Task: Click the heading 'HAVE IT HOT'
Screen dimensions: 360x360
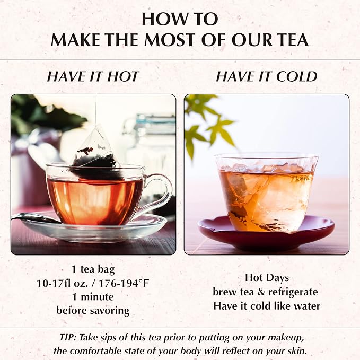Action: (93, 76)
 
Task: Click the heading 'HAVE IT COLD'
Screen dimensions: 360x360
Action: (267, 76)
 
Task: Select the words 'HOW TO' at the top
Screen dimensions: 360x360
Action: (180, 19)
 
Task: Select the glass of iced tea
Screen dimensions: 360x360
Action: (267, 192)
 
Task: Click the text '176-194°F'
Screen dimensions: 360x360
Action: (124, 283)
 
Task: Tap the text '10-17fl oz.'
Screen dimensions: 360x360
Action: (62, 283)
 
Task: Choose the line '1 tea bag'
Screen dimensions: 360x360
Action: (93, 269)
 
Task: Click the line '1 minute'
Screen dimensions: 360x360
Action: (93, 297)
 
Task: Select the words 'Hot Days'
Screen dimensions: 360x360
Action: (267, 278)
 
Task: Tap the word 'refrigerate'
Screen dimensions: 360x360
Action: (293, 292)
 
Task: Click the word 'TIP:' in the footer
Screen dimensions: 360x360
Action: (68, 338)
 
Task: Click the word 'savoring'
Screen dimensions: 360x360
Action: (110, 311)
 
